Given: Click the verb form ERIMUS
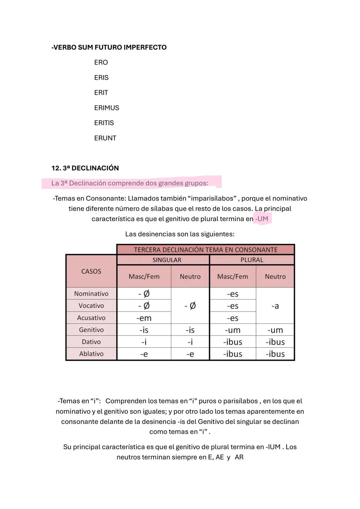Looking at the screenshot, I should pos(106,108).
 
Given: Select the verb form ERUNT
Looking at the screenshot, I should pos(105,138).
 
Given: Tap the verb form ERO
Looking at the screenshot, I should pos(101,62).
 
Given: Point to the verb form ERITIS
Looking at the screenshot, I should pos(104,123).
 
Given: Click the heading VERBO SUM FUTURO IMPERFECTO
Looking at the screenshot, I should pos(109,47).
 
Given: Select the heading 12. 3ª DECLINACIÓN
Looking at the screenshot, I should pos(85,168).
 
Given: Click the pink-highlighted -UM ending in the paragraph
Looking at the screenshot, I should pos(262,219).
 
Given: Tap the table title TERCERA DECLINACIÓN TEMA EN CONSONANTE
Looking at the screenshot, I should pos(206,250).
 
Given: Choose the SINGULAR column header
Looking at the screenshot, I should pos(167,260).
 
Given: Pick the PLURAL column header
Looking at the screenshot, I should pos(252,260).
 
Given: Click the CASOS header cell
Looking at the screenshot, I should pos(91,271).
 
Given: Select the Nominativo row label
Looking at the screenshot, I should pos(91,294).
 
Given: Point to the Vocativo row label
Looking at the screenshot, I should pos(91,306).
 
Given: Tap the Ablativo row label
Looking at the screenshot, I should pos(91,354).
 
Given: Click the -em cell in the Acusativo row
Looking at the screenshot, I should pos(144,318).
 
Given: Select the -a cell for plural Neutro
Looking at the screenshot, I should pos(275,306).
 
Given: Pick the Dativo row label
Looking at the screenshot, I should pos(91,342).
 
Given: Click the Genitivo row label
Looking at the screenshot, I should pos(91,330).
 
